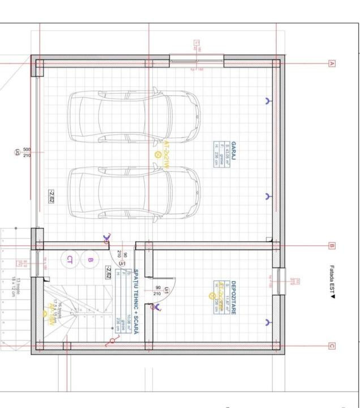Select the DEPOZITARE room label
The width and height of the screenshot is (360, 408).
[233, 295]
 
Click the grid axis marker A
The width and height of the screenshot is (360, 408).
[332, 63]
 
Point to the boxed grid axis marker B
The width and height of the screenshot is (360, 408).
[332, 246]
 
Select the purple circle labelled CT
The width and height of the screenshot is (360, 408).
[70, 260]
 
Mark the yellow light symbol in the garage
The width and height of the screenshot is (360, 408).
[157, 154]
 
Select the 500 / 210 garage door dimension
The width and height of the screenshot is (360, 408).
[27, 152]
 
